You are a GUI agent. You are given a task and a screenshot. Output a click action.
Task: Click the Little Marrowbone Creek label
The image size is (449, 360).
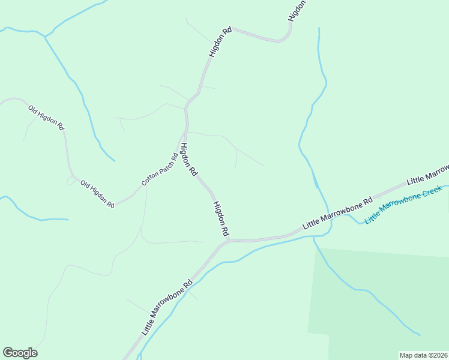coord(403,205)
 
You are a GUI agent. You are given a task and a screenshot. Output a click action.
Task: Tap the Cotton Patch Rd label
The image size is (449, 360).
coord(159,169)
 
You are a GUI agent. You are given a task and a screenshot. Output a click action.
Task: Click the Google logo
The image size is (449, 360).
coord(20,353)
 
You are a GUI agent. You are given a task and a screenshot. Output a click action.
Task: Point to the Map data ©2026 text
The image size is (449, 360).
coord(423,355)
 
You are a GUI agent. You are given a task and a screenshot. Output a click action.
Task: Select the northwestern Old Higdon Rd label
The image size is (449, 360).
coord(46,117)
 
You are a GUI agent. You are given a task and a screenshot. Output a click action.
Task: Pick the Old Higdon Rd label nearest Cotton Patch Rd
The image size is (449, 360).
coord(97,194)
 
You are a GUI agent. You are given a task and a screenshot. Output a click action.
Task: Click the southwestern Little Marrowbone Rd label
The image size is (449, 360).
coord(167,307)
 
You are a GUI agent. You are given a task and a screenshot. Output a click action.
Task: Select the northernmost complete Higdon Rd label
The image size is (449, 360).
coord(220,42)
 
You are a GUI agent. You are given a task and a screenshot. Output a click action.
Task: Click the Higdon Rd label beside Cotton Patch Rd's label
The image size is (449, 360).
coord(188,159)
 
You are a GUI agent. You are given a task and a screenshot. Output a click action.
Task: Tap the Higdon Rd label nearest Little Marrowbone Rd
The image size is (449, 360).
coord(221,218)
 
